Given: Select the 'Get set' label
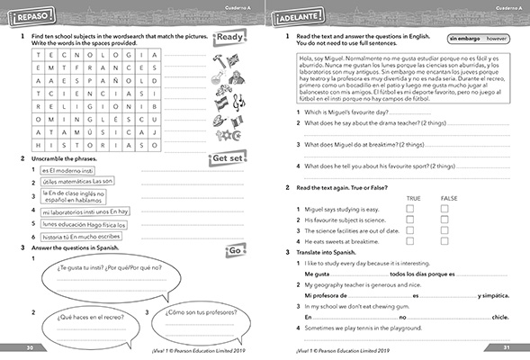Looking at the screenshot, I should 228,159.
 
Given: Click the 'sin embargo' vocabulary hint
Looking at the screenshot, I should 463,40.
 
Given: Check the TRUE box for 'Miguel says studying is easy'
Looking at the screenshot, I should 411,209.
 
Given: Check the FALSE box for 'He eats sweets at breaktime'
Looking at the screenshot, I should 445,241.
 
